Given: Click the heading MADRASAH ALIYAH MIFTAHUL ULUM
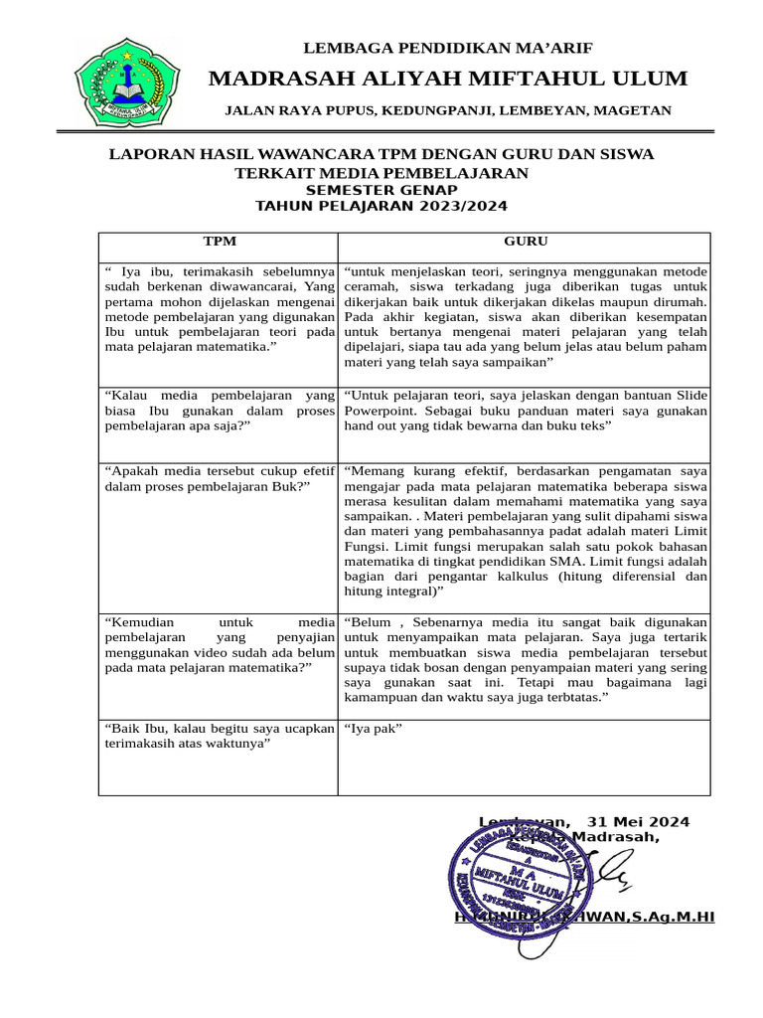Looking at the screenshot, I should [x=447, y=79].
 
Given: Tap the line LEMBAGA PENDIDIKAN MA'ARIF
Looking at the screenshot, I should [x=446, y=47].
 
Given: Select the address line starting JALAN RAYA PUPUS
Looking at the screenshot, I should [x=447, y=110].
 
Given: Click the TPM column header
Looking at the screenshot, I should [x=220, y=242].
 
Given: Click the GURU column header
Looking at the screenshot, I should [x=525, y=242].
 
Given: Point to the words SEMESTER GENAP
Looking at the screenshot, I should [x=381, y=190].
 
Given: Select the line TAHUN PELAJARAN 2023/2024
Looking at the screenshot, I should [x=381, y=207].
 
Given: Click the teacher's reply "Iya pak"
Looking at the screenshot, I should [x=373, y=729].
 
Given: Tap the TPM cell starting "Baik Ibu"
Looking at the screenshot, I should [x=219, y=737].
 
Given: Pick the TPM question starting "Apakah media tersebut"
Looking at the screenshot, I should [x=219, y=477].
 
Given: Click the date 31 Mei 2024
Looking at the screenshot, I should [x=638, y=822].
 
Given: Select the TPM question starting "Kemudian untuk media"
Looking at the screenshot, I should [x=219, y=644].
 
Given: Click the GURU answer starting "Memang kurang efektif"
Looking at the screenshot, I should [x=525, y=530].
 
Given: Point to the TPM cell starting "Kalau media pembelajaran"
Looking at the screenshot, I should [x=219, y=410].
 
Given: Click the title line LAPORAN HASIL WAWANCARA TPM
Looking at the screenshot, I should [x=381, y=155].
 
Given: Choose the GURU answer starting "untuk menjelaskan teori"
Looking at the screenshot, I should [x=525, y=317].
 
